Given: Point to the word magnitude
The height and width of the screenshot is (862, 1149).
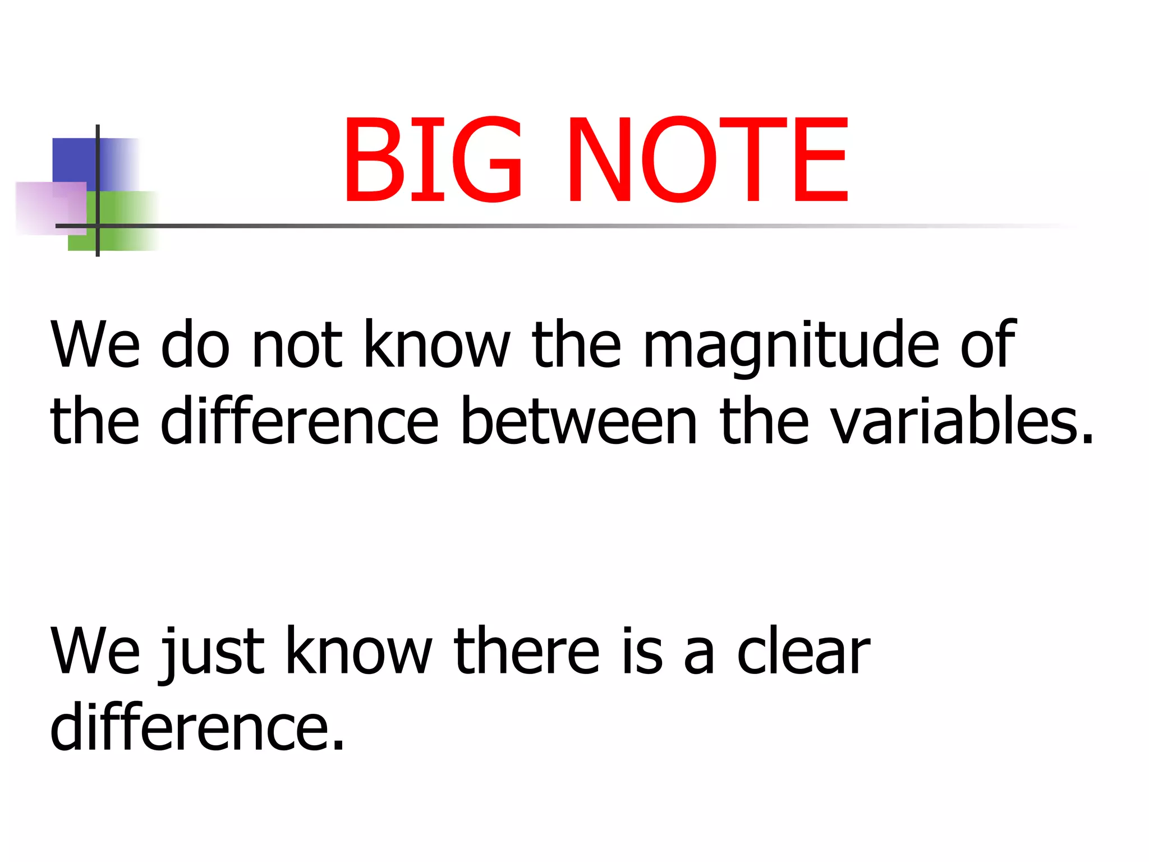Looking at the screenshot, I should [790, 345].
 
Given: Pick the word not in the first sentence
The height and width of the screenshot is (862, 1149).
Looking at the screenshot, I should [297, 345].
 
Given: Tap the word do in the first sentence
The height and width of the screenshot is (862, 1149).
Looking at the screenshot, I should [195, 345].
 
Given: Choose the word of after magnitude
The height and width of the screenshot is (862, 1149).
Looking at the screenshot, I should [988, 345].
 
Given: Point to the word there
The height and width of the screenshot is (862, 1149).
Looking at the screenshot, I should [527, 651].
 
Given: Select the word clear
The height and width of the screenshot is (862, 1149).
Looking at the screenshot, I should [803, 651].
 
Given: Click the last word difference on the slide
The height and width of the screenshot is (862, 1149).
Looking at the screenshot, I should [196, 728].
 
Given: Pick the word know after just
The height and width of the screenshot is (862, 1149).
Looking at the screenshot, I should [359, 651].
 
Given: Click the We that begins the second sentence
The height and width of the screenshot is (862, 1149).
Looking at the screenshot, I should [95, 651].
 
